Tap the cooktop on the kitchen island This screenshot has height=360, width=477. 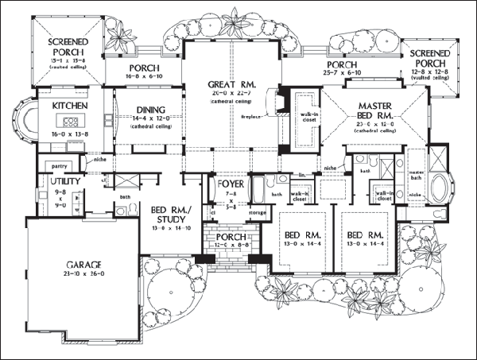[x=69, y=122]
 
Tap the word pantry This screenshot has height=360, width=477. [x=56, y=165]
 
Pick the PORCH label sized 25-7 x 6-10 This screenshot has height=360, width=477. [x=341, y=64]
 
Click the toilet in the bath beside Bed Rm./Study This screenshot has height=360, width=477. [x=121, y=211]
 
